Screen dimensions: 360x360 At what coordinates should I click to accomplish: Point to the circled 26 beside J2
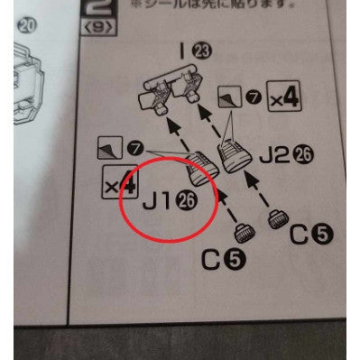(x=304, y=156)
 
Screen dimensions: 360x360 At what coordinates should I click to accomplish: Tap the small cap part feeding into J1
(x=242, y=234)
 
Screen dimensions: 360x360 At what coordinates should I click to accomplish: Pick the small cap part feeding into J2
(x=274, y=217)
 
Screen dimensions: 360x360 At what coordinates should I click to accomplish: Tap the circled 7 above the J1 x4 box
(x=135, y=145)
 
